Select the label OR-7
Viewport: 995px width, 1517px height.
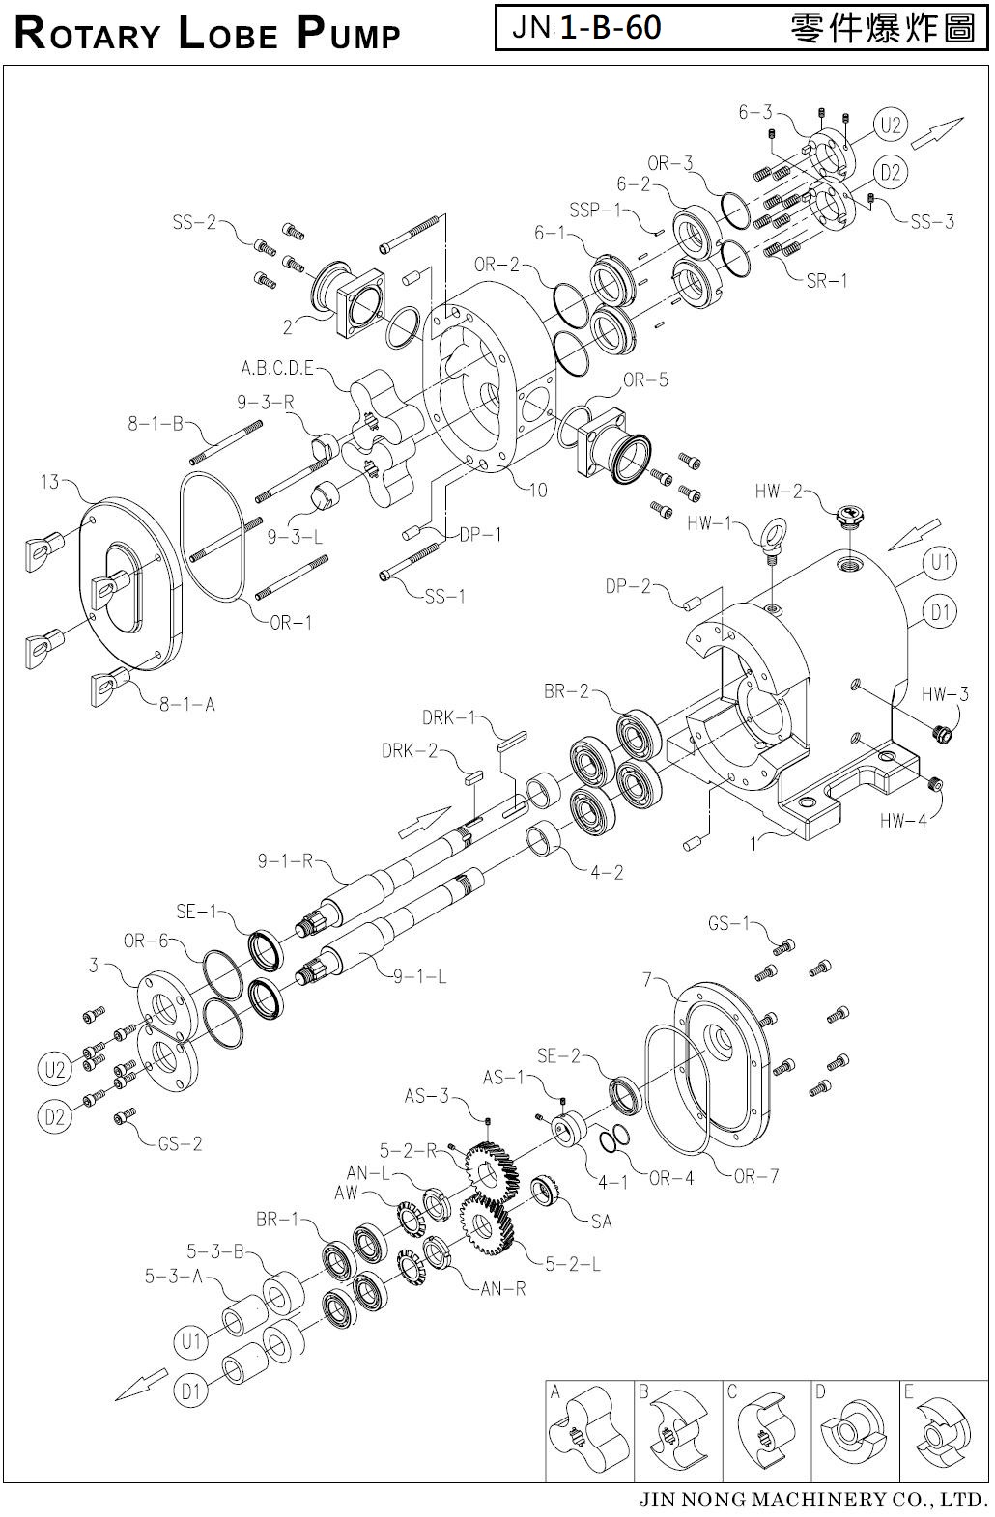pos(755,1176)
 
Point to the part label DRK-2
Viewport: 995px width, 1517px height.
pos(410,751)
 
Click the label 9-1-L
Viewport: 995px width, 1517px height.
pos(419,977)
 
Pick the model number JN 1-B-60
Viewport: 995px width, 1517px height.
pos(586,27)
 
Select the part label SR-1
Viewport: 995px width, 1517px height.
pos(827,281)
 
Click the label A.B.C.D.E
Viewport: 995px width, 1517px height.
pos(277,369)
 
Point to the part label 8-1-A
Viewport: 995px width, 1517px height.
pos(187,704)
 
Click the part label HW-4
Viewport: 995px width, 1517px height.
pos(903,821)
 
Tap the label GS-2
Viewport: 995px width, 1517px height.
pos(180,1144)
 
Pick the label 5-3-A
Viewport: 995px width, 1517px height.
pos(174,1277)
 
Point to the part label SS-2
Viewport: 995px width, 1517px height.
pos(195,222)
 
